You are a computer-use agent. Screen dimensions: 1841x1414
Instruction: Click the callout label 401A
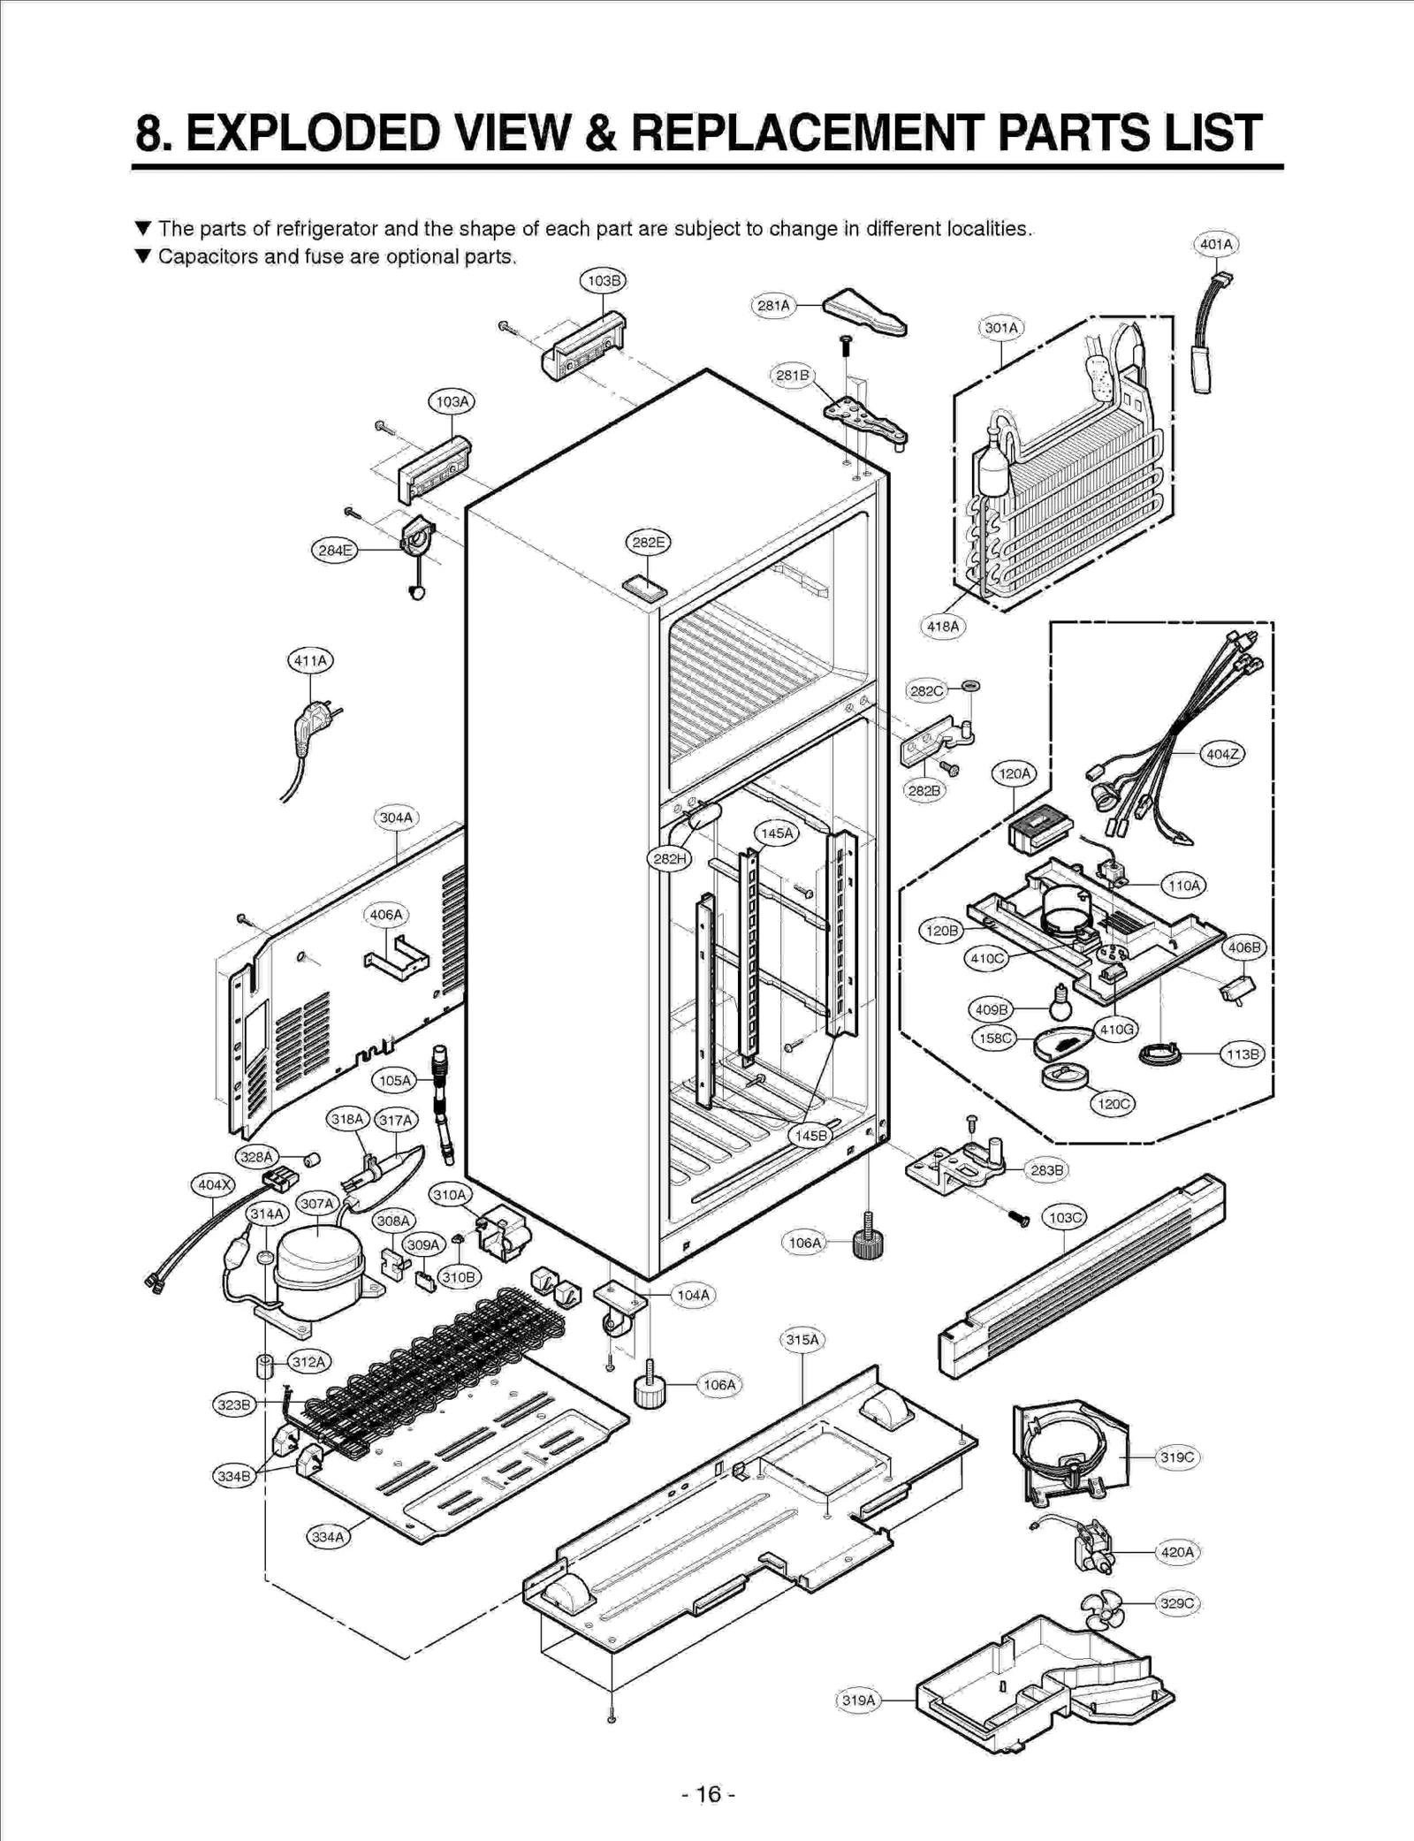tap(1216, 244)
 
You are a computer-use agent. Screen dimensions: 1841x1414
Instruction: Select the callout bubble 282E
tap(648, 542)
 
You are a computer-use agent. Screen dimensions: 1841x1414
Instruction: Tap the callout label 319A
tap(858, 1700)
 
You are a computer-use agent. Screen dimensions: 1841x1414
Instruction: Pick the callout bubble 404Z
tap(1223, 754)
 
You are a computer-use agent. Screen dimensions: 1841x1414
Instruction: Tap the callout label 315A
tap(802, 1339)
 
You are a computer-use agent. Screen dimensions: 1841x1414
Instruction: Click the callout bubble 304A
tap(396, 818)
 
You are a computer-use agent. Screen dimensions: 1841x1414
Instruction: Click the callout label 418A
tap(942, 627)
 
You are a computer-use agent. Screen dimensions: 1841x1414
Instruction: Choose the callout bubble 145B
tap(810, 1136)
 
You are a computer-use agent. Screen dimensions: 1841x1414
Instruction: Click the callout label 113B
tap(1243, 1054)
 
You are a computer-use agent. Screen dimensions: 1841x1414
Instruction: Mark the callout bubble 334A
tap(328, 1537)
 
